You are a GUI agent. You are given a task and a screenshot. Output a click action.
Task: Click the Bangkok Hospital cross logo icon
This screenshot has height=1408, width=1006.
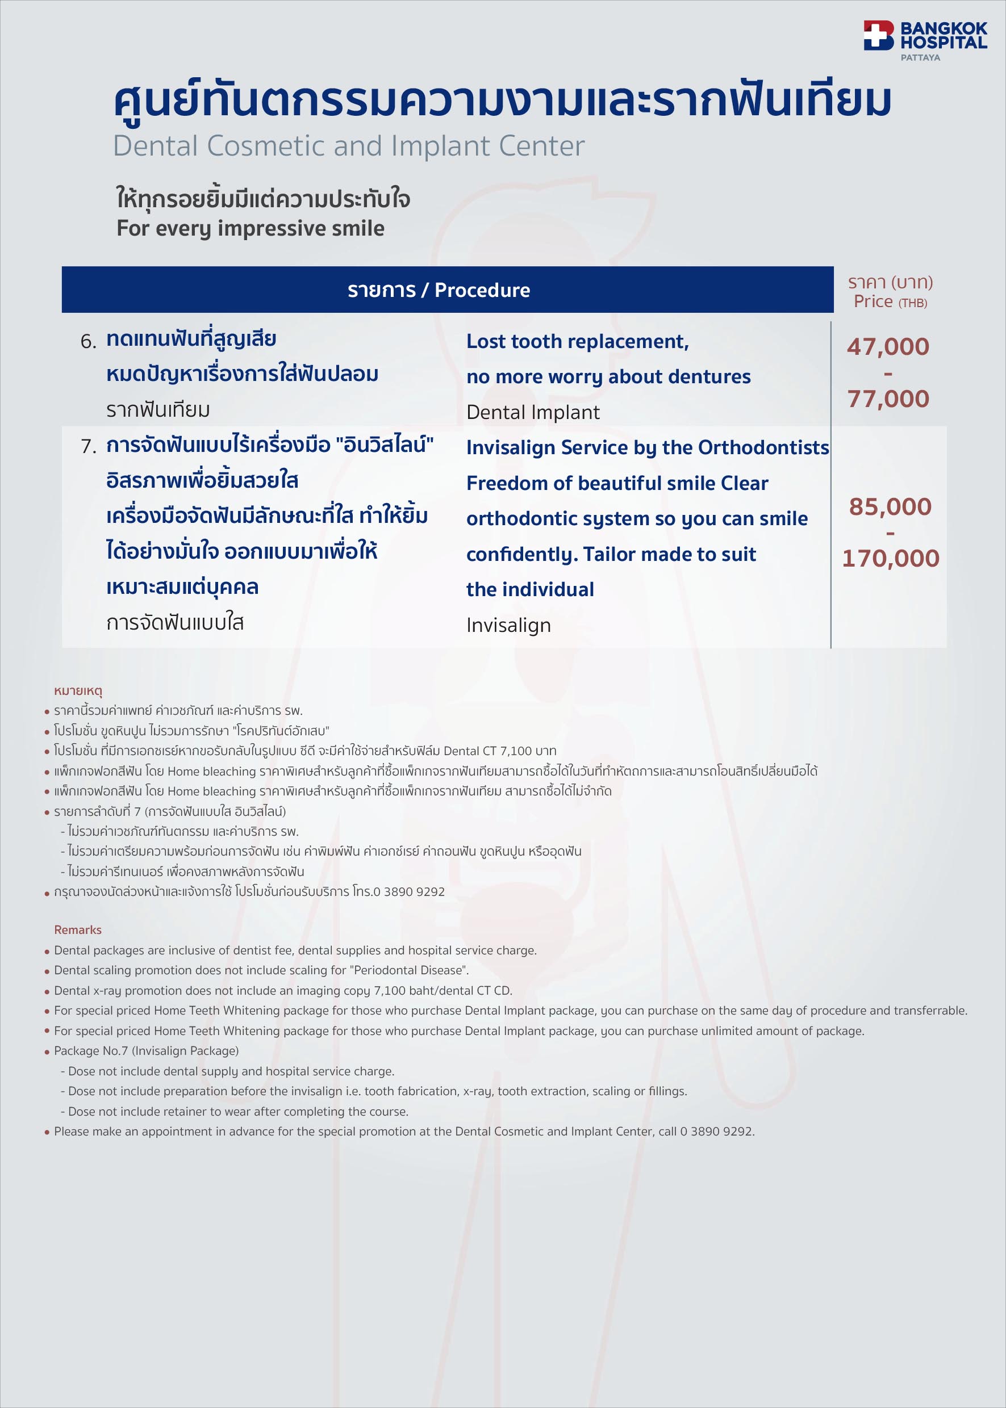[878, 35]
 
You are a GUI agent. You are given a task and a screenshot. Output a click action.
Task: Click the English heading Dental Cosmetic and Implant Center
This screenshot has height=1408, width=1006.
[348, 146]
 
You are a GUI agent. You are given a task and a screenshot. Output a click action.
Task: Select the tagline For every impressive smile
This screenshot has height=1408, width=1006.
[251, 228]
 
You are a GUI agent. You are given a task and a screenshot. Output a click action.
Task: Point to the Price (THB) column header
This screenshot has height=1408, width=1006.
[890, 301]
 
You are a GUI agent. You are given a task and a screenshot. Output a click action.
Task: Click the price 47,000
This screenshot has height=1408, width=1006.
[888, 347]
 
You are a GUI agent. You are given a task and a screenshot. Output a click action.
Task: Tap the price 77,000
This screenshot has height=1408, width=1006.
[888, 399]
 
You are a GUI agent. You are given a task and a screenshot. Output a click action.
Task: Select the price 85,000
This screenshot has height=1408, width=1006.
[890, 506]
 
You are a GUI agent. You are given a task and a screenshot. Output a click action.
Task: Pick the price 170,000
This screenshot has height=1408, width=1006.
[890, 559]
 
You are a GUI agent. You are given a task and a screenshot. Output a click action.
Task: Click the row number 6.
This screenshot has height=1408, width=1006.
[88, 342]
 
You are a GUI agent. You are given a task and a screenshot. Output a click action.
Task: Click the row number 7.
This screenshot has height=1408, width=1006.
[88, 446]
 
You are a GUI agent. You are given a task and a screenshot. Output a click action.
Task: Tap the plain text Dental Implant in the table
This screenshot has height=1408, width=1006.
[533, 412]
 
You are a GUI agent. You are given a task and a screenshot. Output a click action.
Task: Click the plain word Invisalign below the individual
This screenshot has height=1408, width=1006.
[508, 625]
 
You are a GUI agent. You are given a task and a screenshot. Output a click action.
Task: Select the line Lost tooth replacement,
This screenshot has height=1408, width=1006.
[577, 341]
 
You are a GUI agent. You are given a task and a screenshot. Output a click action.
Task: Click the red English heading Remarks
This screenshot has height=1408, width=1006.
[77, 930]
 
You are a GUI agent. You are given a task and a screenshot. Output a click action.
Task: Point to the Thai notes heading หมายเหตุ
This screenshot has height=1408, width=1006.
[78, 691]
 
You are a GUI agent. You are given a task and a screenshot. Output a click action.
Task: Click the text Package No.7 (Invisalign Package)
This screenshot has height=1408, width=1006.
[146, 1051]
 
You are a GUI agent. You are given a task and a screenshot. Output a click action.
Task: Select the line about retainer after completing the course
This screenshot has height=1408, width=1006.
[238, 1112]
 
